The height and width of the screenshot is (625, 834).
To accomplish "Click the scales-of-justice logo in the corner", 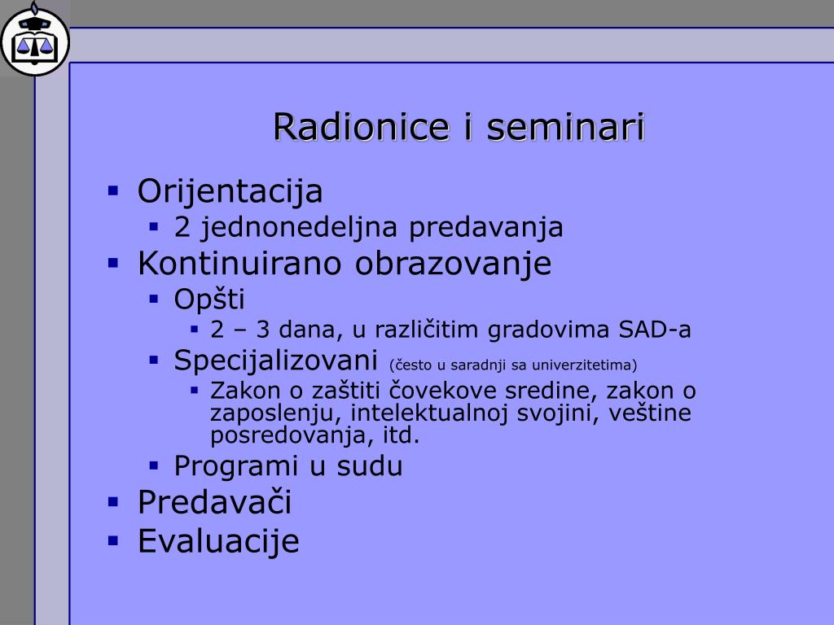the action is tap(35, 41).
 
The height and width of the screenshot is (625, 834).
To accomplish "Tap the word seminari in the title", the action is tap(566, 127).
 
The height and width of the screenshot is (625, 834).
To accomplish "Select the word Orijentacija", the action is tap(230, 192).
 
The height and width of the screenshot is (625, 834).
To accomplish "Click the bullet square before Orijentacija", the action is tap(112, 190).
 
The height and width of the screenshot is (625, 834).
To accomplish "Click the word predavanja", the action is tap(485, 228).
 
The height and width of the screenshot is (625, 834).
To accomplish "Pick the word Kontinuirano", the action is tap(239, 263).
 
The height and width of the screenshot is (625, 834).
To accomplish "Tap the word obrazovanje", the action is tap(453, 264).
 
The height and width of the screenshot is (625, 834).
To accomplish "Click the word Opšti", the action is tap(209, 299).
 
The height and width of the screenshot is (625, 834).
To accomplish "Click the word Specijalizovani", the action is tap(275, 361).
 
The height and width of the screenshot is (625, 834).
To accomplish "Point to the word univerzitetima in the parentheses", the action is tap(584, 365).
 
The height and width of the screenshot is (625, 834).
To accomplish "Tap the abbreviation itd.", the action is tap(402, 435).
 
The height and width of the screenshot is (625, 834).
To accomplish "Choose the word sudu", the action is tap(370, 466).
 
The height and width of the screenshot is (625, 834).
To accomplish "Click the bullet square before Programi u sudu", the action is tap(154, 466).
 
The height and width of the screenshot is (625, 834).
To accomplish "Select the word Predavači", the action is tap(214, 501).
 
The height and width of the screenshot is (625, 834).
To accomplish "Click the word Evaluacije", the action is tap(218, 541).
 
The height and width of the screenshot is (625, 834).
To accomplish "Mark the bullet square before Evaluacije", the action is tap(112, 541).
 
